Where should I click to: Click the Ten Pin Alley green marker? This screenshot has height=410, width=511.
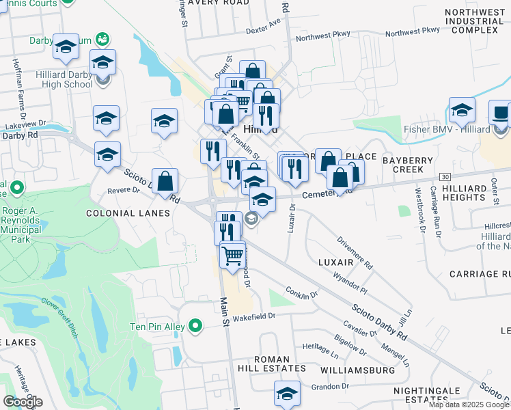click(x=196, y=327)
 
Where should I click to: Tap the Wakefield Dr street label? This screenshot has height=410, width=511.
click(x=252, y=316)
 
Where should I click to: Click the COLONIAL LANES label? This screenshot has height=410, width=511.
click(x=128, y=213)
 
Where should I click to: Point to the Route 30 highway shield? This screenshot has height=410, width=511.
click(x=445, y=177)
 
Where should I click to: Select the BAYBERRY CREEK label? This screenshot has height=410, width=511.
click(x=408, y=163)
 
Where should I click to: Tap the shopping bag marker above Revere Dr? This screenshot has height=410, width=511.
click(x=165, y=182)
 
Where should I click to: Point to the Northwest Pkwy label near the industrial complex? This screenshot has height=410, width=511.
click(x=412, y=31)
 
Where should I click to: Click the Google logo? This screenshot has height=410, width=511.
click(x=23, y=402)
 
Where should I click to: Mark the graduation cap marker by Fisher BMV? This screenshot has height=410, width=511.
click(x=462, y=110)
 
